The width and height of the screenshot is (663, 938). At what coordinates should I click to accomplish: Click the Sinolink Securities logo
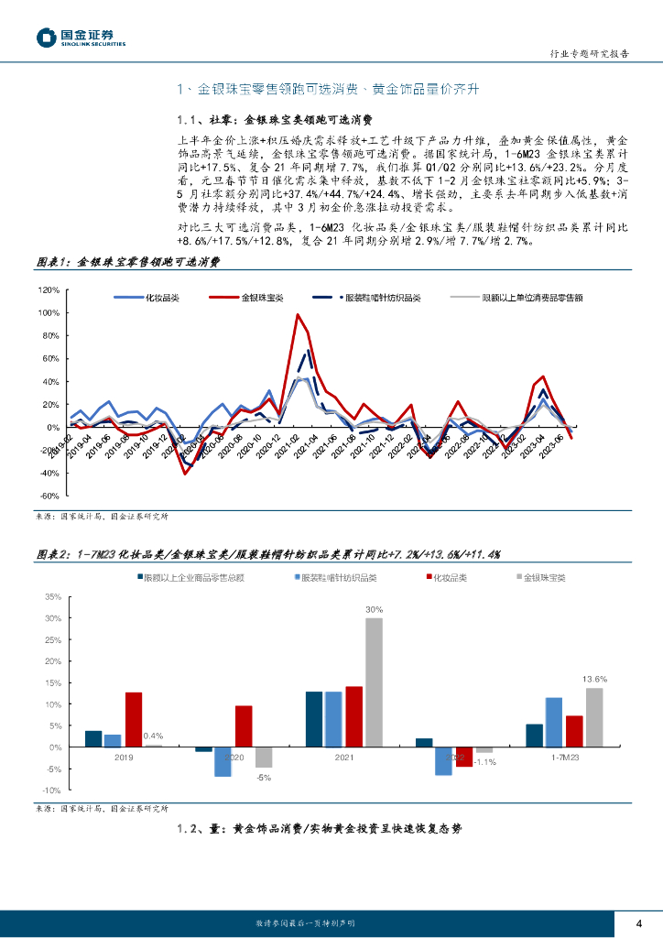click(x=81, y=37)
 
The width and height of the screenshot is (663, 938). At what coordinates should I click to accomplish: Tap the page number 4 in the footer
click(x=638, y=922)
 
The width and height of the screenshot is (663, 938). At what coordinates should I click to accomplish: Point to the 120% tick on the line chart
click(x=49, y=289)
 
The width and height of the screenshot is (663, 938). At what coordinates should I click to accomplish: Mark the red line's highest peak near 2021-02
click(x=298, y=315)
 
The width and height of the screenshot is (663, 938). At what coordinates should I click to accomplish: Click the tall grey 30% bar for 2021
click(x=374, y=682)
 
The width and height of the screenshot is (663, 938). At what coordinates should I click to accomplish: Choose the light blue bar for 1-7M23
click(x=553, y=722)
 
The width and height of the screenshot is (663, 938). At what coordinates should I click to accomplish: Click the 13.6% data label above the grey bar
click(x=594, y=679)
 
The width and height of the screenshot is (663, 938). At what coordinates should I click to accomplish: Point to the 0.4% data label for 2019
click(x=154, y=736)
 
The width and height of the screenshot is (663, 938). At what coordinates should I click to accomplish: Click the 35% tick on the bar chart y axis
click(x=52, y=596)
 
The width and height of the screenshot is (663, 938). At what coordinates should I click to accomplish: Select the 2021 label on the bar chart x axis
click(x=344, y=758)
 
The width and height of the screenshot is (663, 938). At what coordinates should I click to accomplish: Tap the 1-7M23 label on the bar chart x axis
click(x=564, y=758)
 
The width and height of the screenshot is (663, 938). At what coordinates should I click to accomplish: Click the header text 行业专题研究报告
click(x=592, y=54)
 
